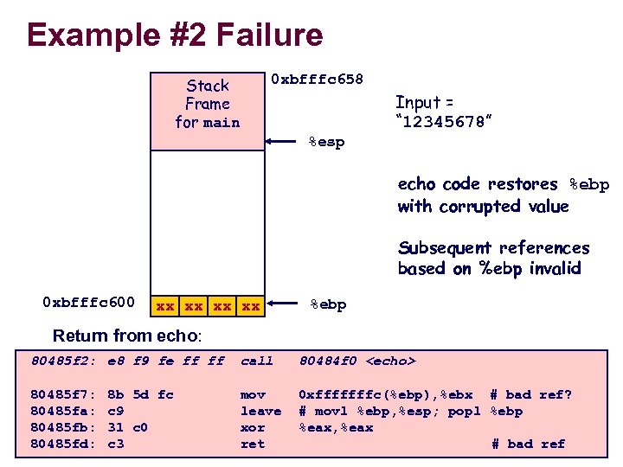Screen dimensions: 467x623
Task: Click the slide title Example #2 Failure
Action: (175, 35)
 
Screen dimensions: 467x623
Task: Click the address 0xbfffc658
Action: (317, 80)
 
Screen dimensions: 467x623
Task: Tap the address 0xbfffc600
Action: (88, 302)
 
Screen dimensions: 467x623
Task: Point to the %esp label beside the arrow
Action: (326, 142)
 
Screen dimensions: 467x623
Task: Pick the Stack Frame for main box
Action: (208, 104)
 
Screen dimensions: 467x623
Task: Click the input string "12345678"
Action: (444, 123)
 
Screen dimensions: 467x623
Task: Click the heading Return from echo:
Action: (127, 336)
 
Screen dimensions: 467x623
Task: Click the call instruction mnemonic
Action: (256, 361)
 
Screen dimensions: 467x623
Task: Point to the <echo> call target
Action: (391, 361)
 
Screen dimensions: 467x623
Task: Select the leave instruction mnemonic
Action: (260, 411)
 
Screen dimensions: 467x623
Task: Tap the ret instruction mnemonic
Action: (252, 444)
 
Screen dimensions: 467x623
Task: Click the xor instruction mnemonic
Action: (252, 427)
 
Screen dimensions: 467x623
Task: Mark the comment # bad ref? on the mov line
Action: (530, 394)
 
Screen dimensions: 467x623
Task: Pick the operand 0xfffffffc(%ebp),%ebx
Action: (385, 394)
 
